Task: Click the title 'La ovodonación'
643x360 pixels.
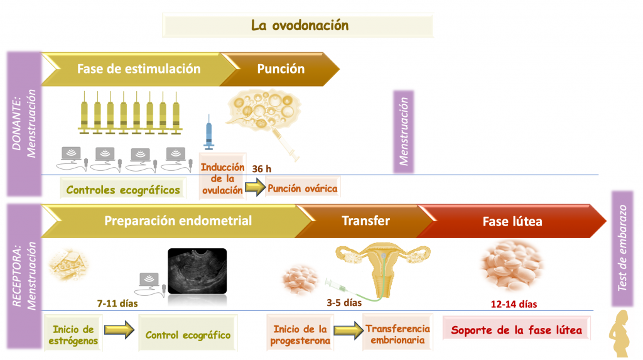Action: pos(299,26)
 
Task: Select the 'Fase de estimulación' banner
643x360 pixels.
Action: pos(138,69)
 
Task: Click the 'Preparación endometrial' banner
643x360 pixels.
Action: pos(178,221)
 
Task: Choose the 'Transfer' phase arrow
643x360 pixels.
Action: pos(365,221)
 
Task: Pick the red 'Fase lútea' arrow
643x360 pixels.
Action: pos(512,221)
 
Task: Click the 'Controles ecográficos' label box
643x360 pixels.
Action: pos(123,190)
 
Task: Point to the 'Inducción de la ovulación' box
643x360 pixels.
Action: pos(222,178)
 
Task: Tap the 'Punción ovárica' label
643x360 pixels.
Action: pos(303,188)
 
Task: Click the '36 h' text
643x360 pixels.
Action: pos(262,169)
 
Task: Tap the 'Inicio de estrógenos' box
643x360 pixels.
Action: pos(73,334)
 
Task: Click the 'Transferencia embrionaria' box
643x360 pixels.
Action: pos(397,334)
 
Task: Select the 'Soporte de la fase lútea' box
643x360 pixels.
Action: pos(517,330)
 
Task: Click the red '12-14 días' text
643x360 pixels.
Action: pos(514,305)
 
